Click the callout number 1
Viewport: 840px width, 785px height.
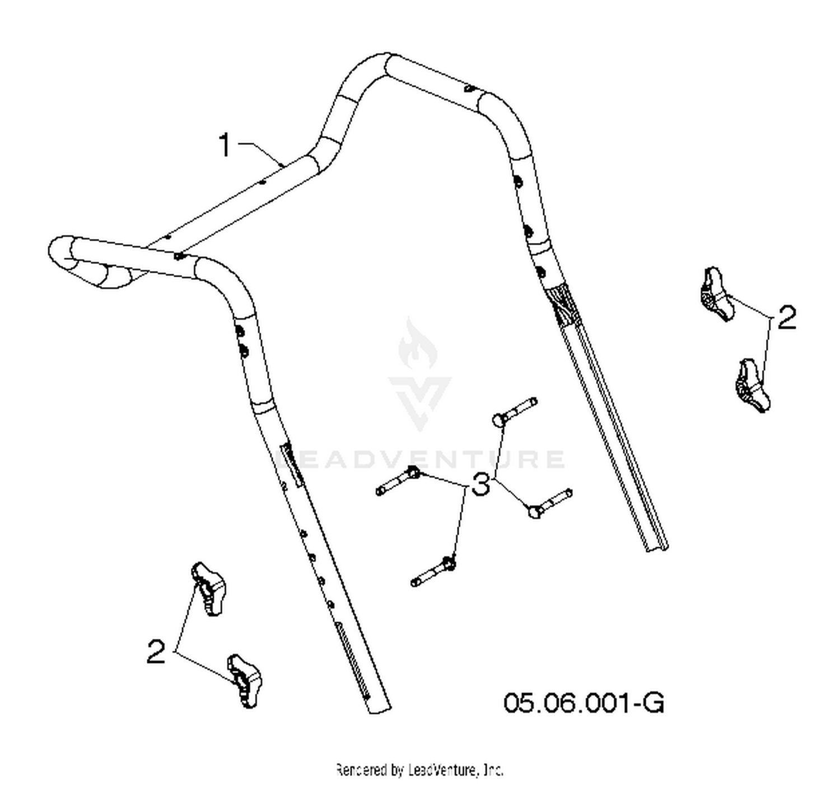click(x=225, y=144)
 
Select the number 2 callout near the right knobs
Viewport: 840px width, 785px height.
click(x=786, y=317)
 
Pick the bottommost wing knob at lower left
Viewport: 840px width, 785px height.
click(x=245, y=680)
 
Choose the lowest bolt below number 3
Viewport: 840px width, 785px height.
click(x=433, y=572)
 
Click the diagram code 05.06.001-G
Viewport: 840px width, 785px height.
click(x=584, y=703)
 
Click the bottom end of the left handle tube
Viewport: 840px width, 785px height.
click(x=379, y=711)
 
